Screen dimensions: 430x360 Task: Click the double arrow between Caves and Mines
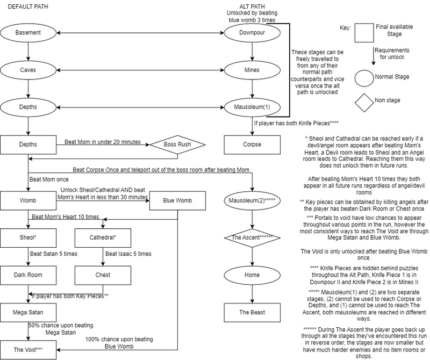point(140,70)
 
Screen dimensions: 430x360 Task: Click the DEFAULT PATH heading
point(28,6)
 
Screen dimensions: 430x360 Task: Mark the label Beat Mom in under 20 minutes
point(103,142)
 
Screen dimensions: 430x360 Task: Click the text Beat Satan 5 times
point(54,254)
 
